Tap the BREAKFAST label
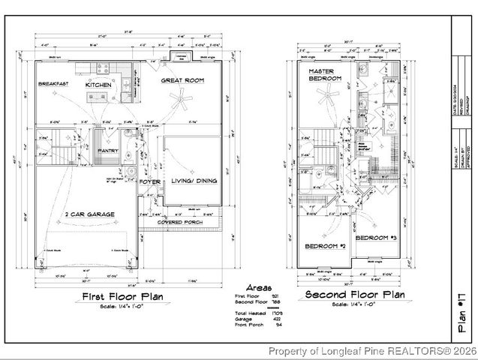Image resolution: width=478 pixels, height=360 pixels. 53,84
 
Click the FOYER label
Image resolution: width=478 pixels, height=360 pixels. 150,181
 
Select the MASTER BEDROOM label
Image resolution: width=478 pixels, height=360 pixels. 325,74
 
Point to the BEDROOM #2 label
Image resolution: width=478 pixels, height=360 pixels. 323,246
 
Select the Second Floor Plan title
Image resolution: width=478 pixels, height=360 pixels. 356,295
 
